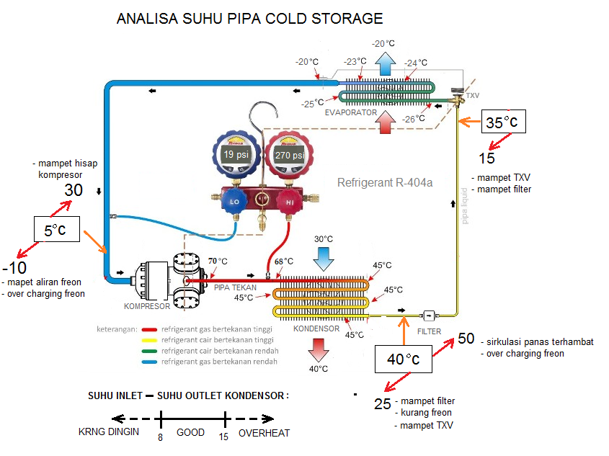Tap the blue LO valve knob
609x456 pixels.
coord(234,202)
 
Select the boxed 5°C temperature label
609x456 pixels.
coord(55,231)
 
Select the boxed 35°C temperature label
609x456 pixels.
coord(502,122)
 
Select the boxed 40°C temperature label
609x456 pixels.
coord(403,358)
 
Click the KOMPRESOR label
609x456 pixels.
coord(146,306)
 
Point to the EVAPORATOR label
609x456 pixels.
coord(350,112)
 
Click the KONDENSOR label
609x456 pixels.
coord(316,328)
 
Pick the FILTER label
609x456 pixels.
coord(430,331)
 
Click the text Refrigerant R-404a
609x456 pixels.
coord(385,183)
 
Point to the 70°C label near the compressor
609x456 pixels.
coord(218,261)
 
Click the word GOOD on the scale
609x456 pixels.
coord(191,433)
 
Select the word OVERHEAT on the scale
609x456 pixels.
coord(264,433)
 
